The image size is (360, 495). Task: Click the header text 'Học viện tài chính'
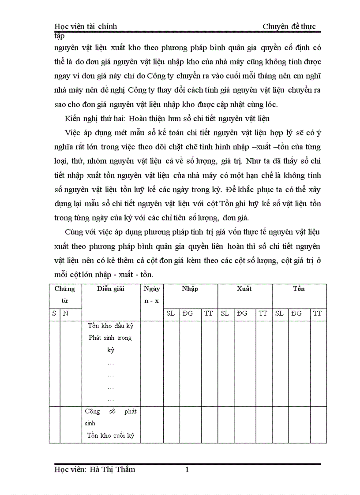coord(85,26)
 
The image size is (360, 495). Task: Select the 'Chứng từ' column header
coord(65,294)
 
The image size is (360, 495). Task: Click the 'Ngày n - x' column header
coord(151,294)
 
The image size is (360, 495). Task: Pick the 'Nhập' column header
coord(190,289)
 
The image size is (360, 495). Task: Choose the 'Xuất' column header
coord(244,289)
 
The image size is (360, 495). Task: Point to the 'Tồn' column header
coord(299,289)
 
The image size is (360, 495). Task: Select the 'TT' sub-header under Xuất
coord(263,313)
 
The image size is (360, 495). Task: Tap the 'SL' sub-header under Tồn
coord(279,313)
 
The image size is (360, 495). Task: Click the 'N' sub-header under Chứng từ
coord(66,313)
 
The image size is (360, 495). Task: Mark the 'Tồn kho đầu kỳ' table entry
coord(110,326)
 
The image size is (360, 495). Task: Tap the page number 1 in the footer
coord(187,470)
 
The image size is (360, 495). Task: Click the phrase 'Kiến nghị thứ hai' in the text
coord(91,119)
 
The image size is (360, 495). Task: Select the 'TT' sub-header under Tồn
coord(317,313)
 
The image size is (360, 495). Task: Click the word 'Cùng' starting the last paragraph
coord(74,232)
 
